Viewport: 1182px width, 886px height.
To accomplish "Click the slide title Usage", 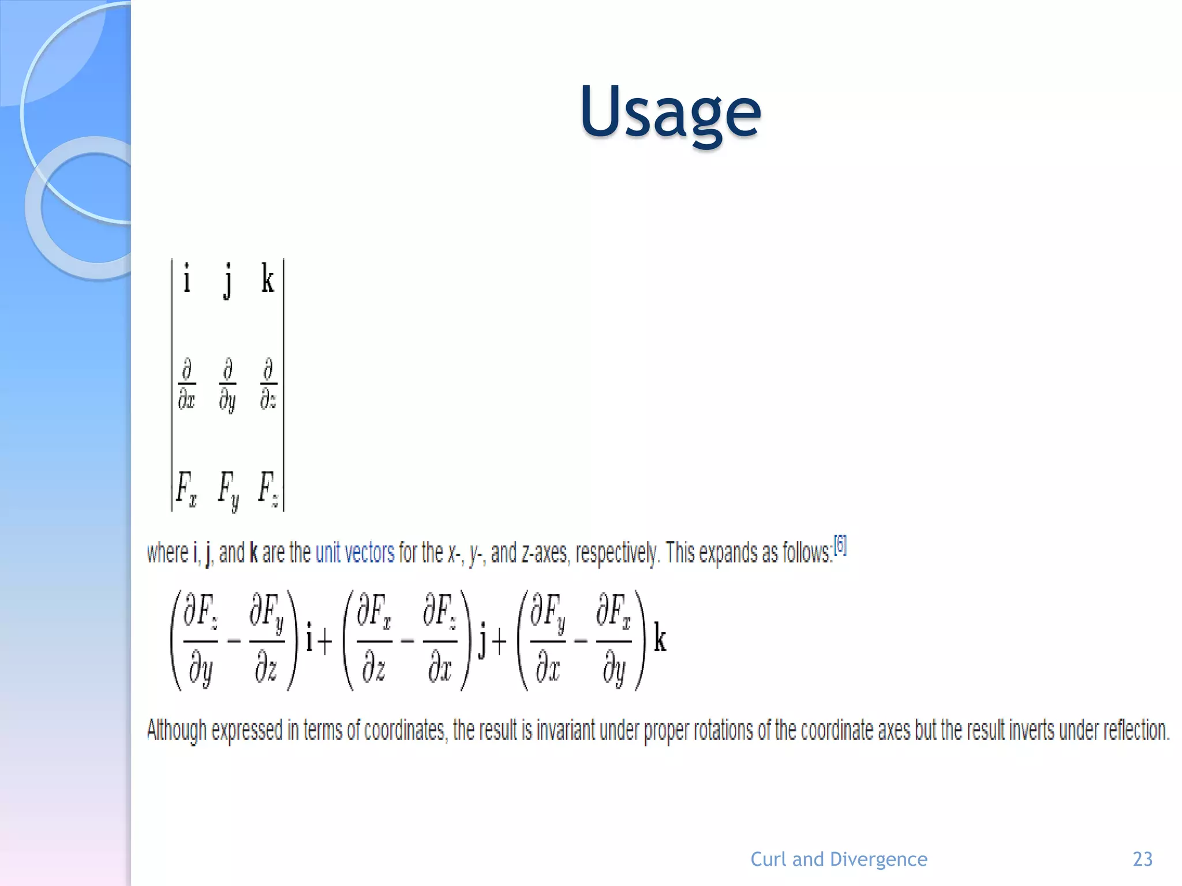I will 671,112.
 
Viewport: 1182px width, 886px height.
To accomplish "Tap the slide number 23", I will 1142,859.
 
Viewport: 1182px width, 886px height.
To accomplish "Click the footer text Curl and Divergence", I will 839,859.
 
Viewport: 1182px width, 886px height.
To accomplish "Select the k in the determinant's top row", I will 267,279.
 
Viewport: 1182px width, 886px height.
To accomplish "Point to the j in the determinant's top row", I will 228,280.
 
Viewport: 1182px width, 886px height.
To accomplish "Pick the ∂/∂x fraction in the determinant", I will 186,384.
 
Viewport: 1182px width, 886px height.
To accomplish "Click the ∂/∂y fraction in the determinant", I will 227,385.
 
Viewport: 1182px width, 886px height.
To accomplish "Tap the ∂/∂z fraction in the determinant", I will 268,384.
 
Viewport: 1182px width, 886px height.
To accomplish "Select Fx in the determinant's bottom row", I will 186,489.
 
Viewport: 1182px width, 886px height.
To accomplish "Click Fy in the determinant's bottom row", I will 228,490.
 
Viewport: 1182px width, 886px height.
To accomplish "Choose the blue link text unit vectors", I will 354,553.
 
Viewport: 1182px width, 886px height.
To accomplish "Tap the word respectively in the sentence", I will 617,553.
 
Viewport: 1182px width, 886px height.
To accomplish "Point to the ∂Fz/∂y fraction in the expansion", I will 200,640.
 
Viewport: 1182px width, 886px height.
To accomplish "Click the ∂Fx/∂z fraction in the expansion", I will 374,640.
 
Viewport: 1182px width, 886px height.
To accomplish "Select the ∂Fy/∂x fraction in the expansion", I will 548,640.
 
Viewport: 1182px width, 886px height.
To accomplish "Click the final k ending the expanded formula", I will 660,640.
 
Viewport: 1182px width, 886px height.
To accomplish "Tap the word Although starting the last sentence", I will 177,730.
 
